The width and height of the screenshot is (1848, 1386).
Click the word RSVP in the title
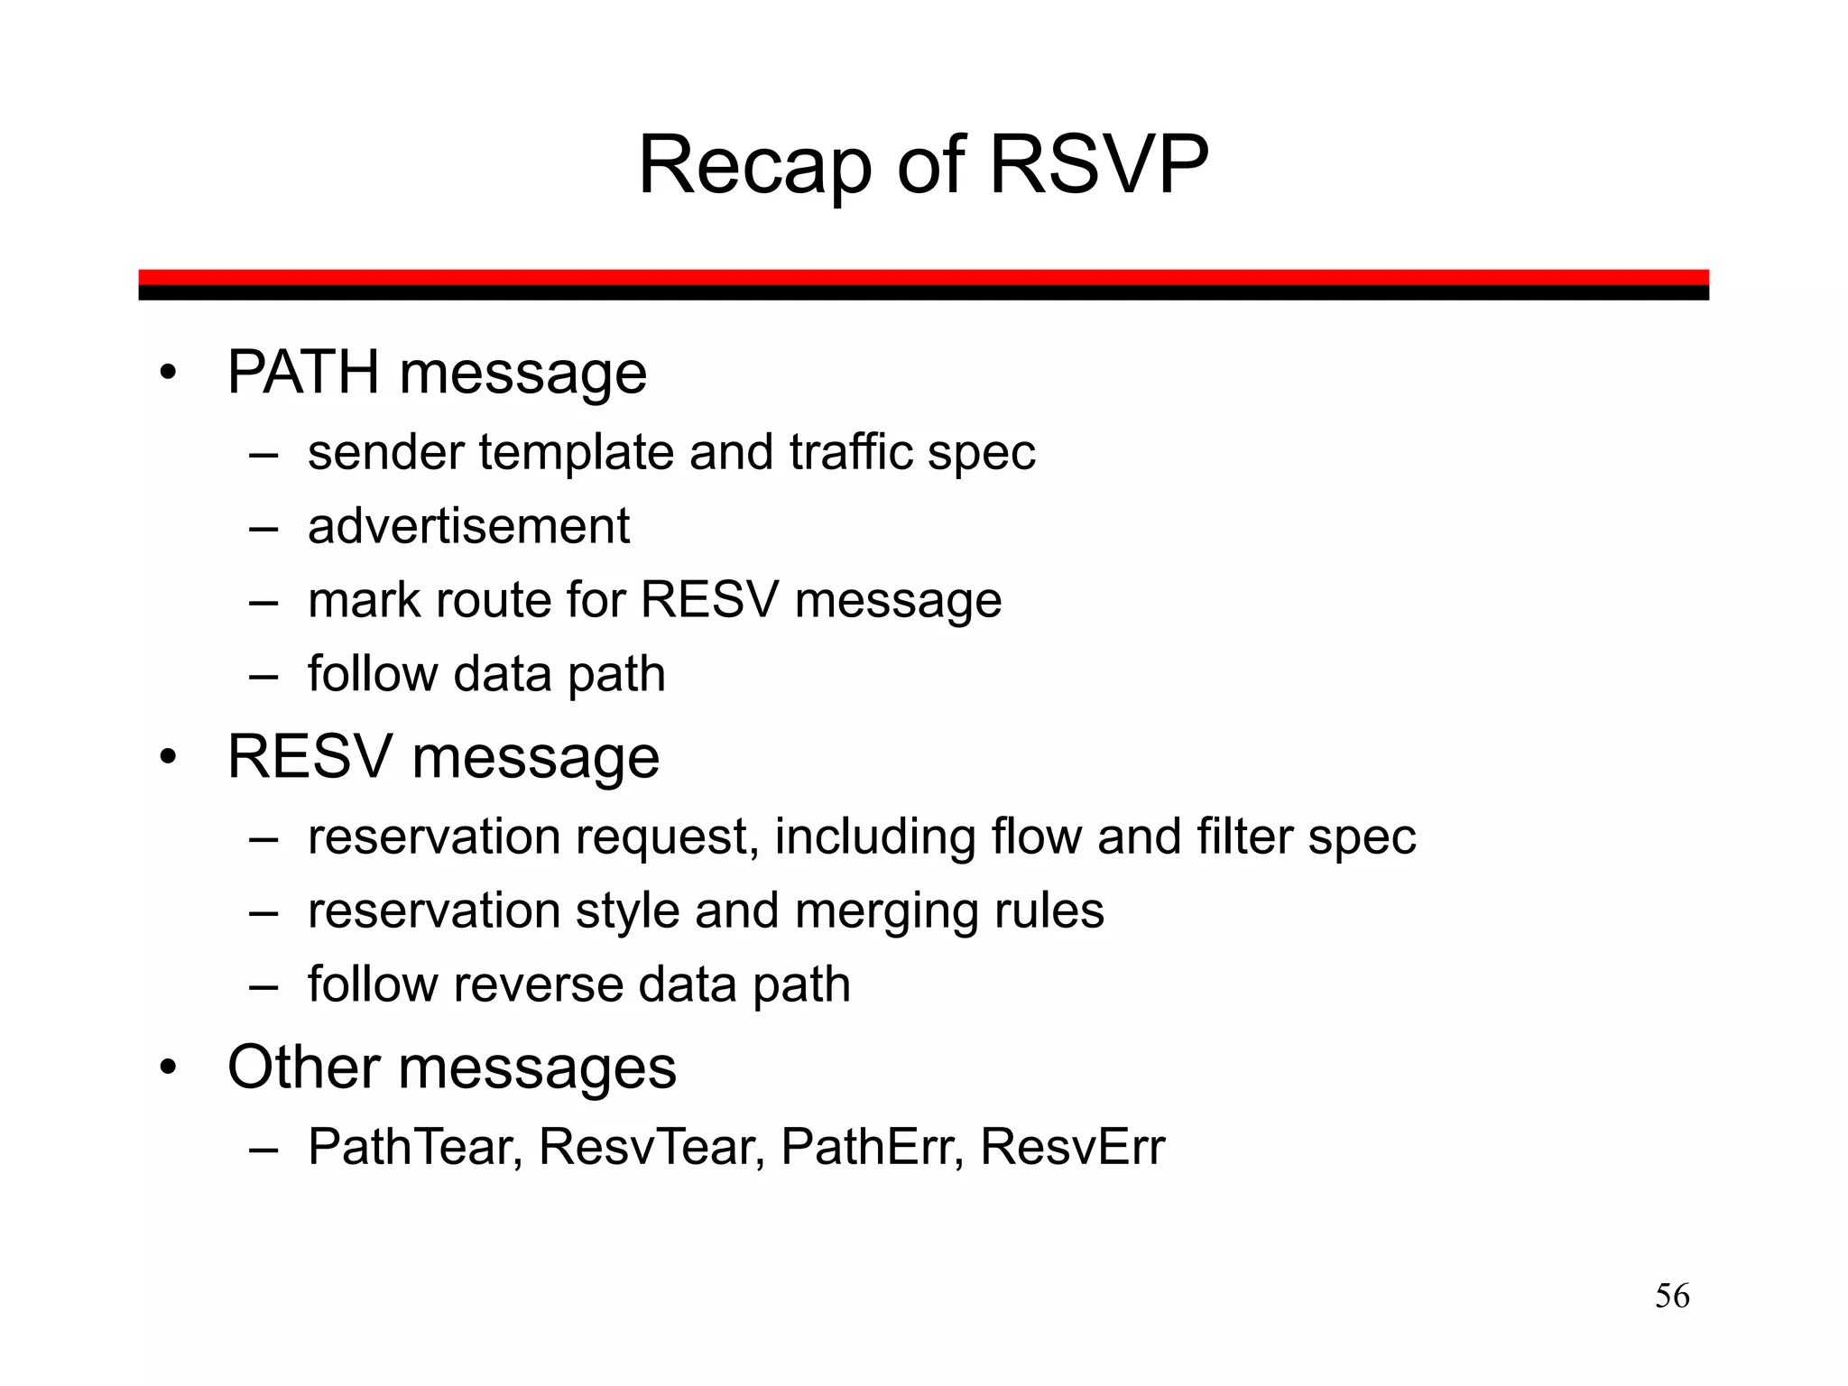click(1098, 165)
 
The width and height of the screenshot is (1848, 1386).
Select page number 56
click(1672, 1296)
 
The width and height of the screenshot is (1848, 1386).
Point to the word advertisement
click(468, 526)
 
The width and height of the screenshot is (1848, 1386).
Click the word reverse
click(538, 984)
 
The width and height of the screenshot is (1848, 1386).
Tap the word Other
click(304, 1067)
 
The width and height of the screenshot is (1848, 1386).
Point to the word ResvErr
click(1072, 1148)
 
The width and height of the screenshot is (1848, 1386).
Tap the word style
click(627, 911)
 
